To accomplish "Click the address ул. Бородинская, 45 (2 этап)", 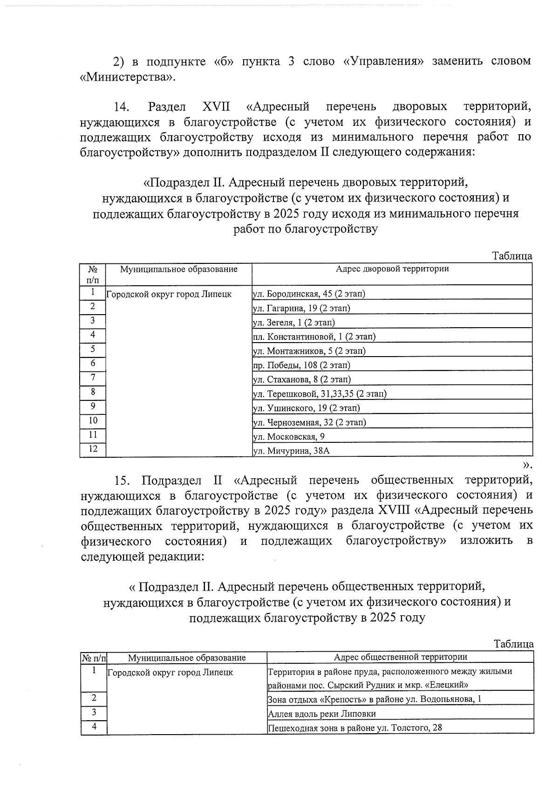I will (308, 294).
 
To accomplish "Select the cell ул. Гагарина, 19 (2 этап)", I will (301, 308).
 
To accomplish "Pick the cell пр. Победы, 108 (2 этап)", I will (301, 365).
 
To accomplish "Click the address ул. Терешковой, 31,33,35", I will (319, 394).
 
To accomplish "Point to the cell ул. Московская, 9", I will (288, 437).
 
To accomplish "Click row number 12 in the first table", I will (93, 449).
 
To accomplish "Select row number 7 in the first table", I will (93, 378).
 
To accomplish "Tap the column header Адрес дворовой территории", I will (392, 269).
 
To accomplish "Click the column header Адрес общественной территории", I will (400, 657).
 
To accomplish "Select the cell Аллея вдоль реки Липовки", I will (322, 714).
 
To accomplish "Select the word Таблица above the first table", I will (512, 256).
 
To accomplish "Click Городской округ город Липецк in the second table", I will (170, 673).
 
